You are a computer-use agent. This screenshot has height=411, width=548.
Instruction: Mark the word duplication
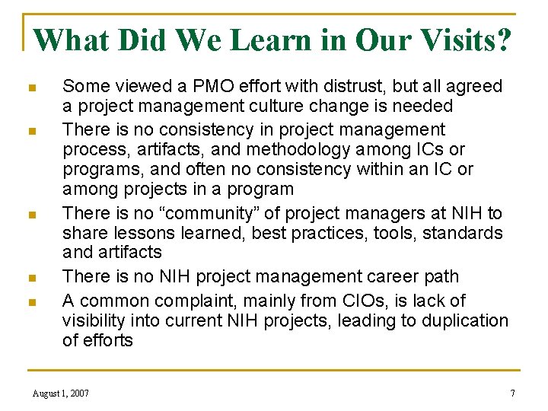coord(464,320)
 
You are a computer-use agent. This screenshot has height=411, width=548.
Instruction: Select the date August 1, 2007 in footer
coord(61,393)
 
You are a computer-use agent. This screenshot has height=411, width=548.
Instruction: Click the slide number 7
coord(512,393)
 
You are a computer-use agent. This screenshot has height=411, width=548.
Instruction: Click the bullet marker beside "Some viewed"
coord(30,88)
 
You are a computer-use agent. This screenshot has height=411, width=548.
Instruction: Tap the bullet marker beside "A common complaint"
coord(30,302)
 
